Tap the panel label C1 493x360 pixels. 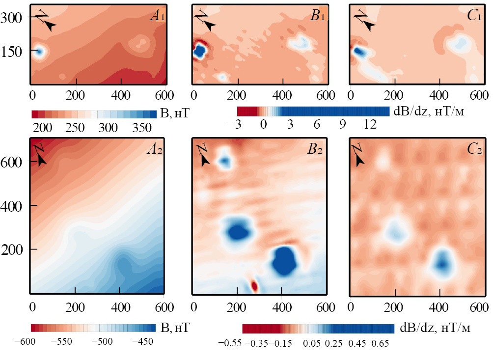474,17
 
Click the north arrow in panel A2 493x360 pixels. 41,153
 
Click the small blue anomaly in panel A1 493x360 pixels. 38,51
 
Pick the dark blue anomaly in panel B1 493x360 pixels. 199,51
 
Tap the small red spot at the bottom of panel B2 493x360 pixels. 254,285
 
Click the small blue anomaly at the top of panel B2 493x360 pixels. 225,160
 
